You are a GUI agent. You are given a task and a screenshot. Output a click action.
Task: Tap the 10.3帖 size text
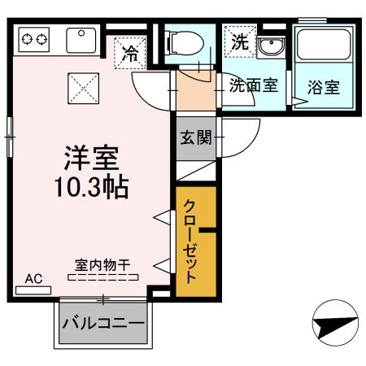[91, 186]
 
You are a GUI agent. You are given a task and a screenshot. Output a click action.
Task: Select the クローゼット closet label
[190, 242]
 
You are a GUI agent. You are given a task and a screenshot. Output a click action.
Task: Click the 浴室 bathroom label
[323, 85]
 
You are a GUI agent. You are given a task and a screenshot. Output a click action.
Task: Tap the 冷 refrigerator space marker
[131, 55]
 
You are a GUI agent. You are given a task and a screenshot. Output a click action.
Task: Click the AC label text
[33, 278]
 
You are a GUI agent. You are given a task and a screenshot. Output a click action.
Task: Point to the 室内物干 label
[102, 264]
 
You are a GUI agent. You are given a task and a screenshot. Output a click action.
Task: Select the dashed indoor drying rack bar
[102, 277]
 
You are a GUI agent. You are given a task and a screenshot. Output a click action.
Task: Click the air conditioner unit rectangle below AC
[33, 289]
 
